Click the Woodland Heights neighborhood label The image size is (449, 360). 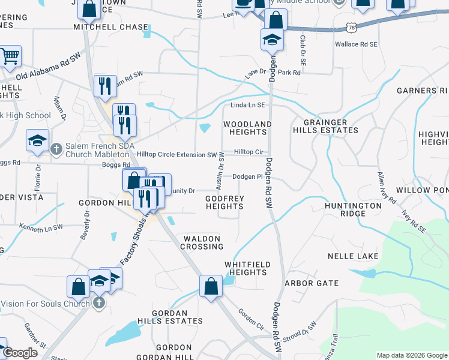(247, 128)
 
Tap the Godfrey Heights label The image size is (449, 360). (224, 202)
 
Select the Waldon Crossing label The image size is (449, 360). (203, 242)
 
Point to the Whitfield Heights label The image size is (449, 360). (247, 268)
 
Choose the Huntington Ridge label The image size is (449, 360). (354, 209)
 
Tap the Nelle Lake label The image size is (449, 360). (353, 256)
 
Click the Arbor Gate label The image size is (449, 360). (312, 283)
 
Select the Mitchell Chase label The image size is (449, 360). (110, 27)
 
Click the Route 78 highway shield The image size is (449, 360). (351, 28)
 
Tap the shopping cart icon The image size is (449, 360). (10, 56)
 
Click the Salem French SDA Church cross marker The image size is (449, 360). (56, 148)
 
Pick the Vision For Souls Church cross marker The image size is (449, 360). (99, 304)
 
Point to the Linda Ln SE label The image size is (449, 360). (248, 105)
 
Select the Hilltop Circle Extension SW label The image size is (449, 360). (176, 155)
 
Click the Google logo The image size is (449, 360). (20, 353)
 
